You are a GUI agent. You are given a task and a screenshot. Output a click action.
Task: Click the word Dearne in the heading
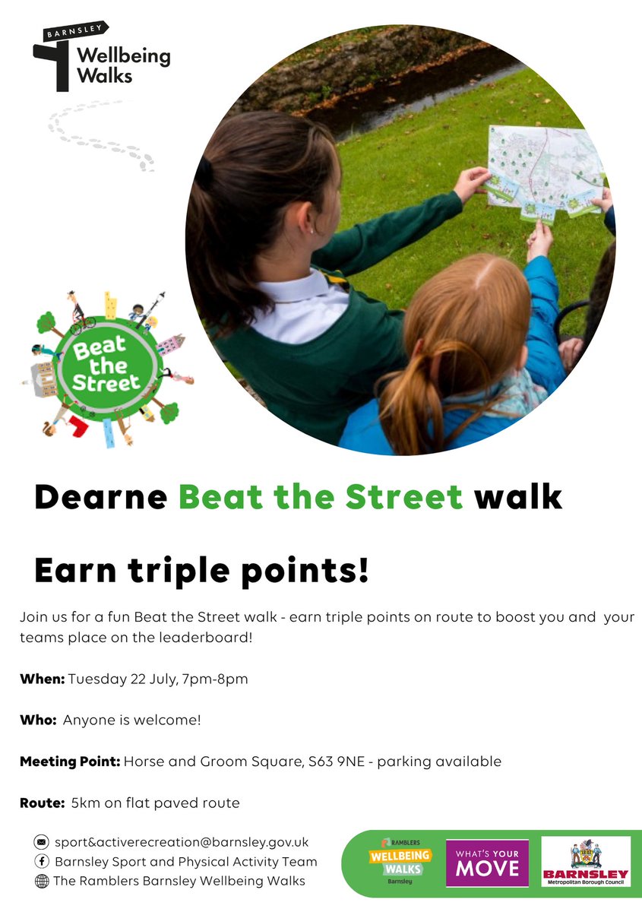[x=100, y=496]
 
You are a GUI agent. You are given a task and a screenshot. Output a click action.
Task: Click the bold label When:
[x=43, y=679]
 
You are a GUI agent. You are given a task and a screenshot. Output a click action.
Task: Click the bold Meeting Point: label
[x=70, y=761]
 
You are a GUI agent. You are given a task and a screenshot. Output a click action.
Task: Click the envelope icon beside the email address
[x=41, y=842]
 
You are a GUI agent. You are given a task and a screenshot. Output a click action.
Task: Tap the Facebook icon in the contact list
[x=41, y=862]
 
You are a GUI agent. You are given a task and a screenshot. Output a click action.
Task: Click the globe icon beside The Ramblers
[x=41, y=882]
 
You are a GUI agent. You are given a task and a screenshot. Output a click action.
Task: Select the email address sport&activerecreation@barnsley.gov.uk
[x=181, y=842]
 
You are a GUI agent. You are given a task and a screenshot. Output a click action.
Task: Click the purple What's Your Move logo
[x=487, y=863]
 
